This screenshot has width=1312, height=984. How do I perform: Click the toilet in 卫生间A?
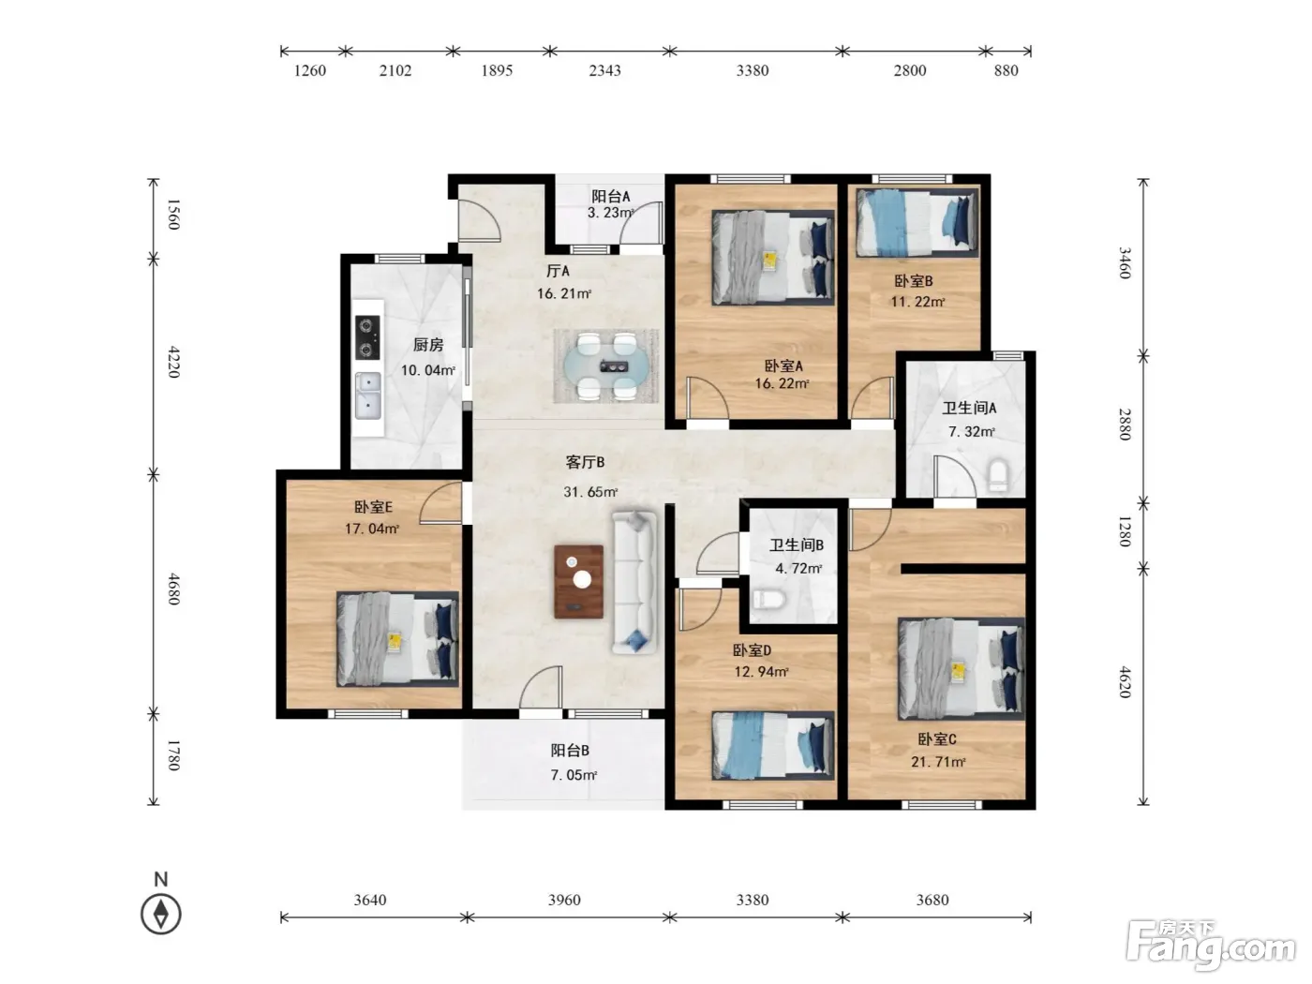click(x=998, y=474)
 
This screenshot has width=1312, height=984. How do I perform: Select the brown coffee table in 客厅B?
click(x=578, y=581)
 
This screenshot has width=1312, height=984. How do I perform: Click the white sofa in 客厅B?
click(x=634, y=581)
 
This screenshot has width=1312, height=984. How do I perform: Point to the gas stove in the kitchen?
click(x=367, y=337)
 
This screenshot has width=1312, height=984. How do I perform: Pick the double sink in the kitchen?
click(x=367, y=395)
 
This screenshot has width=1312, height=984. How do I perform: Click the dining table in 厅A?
click(x=606, y=366)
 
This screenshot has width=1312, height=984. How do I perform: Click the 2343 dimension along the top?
click(x=604, y=70)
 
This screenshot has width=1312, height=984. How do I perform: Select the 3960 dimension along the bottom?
click(x=563, y=899)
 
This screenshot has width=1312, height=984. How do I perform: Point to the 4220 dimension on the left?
click(x=173, y=362)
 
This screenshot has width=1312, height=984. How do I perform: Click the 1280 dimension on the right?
click(x=1125, y=531)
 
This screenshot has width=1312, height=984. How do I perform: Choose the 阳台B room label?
click(x=570, y=750)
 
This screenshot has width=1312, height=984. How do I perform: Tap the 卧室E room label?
click(x=373, y=507)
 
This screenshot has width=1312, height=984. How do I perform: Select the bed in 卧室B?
click(x=917, y=223)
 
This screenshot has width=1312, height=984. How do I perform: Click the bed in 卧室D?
click(x=772, y=746)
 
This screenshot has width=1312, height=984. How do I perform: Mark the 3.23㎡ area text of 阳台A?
click(x=610, y=212)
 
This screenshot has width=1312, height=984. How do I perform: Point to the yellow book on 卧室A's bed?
click(x=770, y=260)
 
